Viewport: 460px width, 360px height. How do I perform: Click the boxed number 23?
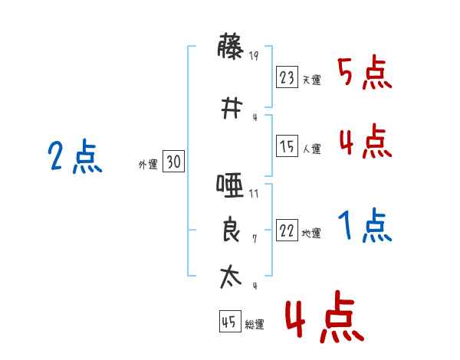[x=287, y=77]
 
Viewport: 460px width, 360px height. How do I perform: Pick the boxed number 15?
[x=287, y=147]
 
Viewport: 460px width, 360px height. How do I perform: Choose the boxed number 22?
[x=287, y=231]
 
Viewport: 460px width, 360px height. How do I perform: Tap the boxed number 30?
[x=173, y=162]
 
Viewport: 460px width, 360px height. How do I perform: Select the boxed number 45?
[x=229, y=322]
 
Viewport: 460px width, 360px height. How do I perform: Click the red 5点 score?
[x=365, y=74]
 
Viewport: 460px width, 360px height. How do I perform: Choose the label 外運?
[x=147, y=165]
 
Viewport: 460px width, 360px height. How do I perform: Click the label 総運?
[x=254, y=325]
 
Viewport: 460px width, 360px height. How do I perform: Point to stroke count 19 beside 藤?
[x=254, y=55]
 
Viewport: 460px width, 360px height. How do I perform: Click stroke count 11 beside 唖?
[x=254, y=194]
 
